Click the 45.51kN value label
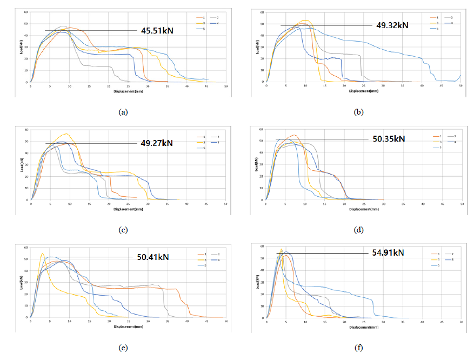coord(156,30)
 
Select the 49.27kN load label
coord(157,143)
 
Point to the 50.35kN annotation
coord(389,139)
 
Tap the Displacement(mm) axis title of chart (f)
coord(364,327)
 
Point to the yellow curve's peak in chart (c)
coord(66,134)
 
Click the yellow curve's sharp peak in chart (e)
coord(42,253)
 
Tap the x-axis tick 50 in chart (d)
coord(461,204)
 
